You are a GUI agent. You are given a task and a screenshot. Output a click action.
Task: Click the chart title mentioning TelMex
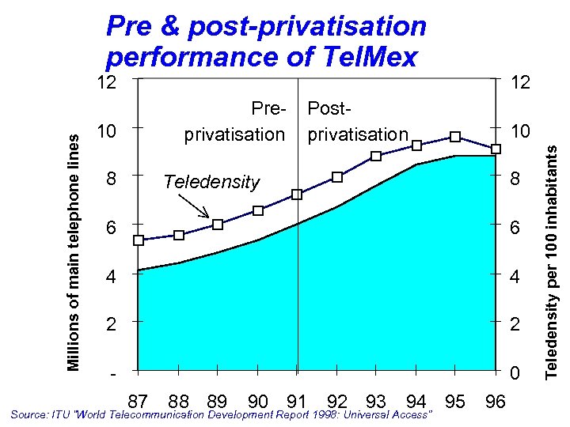click(266, 42)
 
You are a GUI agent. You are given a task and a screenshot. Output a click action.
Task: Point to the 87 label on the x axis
click(138, 401)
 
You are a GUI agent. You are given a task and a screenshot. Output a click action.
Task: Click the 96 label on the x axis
click(496, 401)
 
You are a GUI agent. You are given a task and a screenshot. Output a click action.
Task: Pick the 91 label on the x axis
click(297, 401)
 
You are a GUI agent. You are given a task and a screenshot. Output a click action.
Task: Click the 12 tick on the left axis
click(106, 81)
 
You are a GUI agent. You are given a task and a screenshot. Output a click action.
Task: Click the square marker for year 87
click(139, 240)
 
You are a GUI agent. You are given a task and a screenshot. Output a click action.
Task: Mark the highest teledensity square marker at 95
click(455, 137)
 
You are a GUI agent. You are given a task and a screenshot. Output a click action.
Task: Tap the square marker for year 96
click(496, 149)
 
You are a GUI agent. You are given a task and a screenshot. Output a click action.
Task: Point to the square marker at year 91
click(297, 195)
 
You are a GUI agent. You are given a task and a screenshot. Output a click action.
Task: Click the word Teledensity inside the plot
click(211, 182)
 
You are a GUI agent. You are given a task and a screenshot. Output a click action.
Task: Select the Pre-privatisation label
click(234, 121)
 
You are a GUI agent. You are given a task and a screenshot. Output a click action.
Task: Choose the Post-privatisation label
click(357, 121)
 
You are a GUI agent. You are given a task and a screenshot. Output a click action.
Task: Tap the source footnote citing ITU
click(222, 414)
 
